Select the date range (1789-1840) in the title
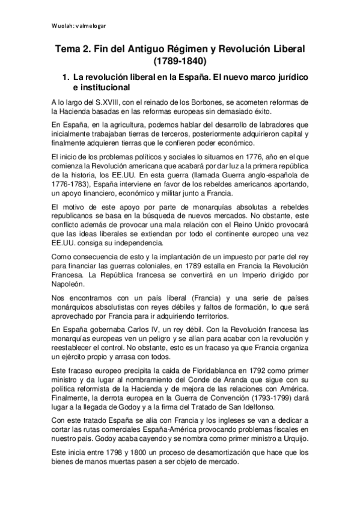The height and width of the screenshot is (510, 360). (180, 61)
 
